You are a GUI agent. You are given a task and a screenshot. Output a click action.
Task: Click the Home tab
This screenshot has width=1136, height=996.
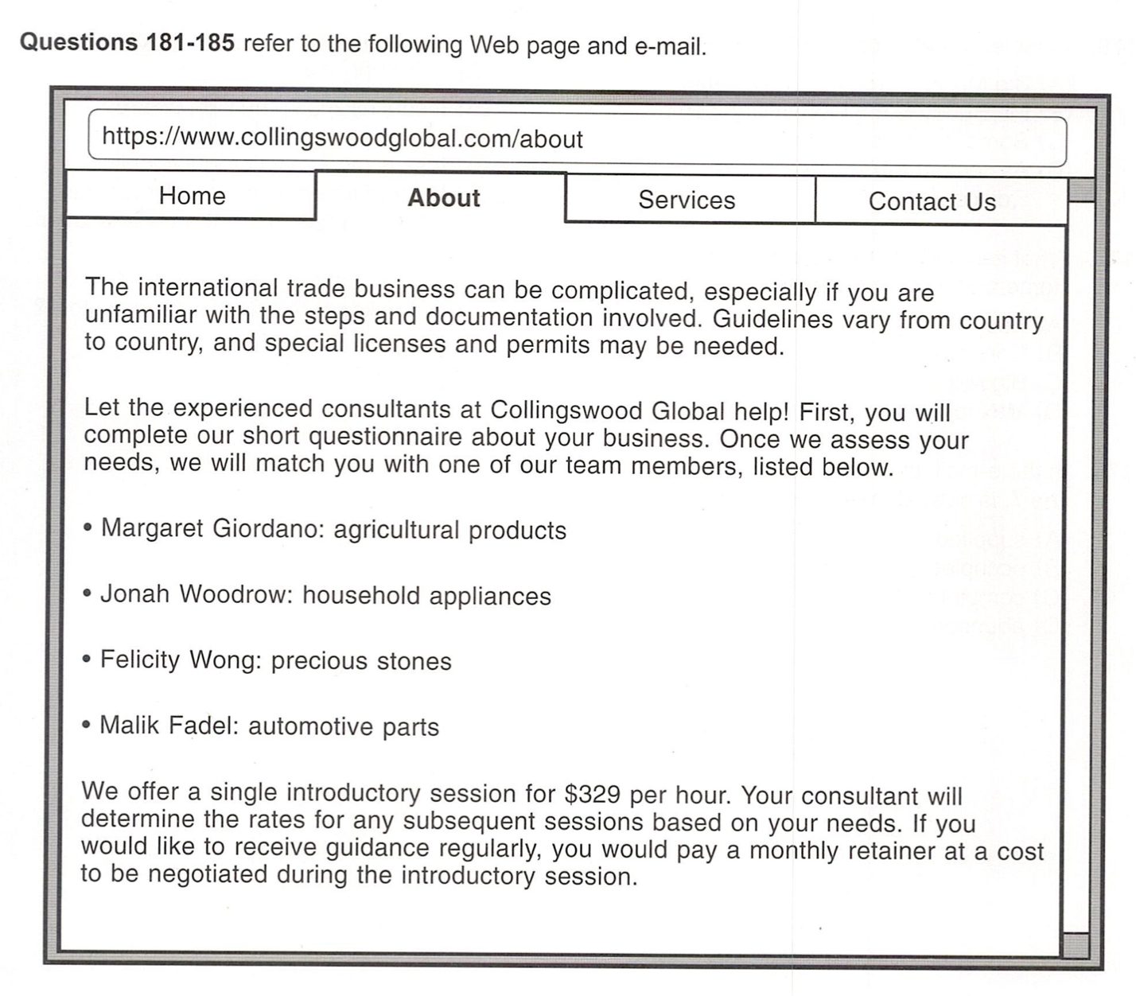(192, 196)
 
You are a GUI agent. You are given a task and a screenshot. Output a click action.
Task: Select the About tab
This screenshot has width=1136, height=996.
(443, 198)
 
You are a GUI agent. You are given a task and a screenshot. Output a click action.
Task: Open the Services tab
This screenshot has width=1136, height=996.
(687, 200)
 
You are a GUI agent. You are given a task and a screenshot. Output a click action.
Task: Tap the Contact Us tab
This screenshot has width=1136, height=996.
(932, 201)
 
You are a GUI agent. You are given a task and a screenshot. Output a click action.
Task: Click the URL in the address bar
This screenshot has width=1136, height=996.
(342, 138)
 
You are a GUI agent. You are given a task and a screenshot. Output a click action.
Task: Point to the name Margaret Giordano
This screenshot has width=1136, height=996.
(209, 528)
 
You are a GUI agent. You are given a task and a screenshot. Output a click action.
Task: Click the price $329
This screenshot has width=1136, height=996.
(593, 794)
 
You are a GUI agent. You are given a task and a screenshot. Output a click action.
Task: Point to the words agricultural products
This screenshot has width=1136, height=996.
(449, 531)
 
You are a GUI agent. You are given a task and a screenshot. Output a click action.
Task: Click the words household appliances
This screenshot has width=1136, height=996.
(426, 596)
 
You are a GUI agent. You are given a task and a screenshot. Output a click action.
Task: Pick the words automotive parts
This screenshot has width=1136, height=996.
(344, 726)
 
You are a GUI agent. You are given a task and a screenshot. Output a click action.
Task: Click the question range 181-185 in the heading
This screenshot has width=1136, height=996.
(189, 42)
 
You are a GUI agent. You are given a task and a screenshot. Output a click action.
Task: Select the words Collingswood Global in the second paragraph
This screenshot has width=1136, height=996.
(607, 410)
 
